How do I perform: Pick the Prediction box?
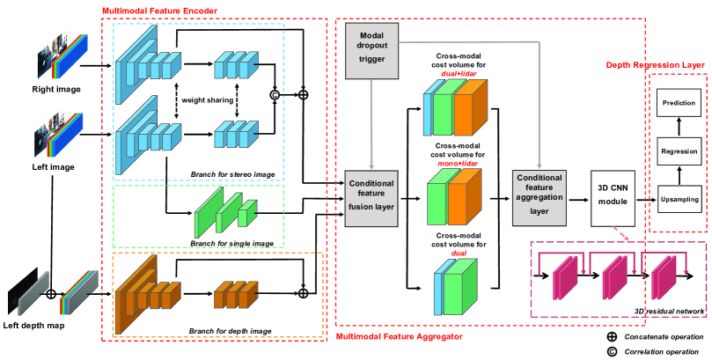point(679,104)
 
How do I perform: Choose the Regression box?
point(679,152)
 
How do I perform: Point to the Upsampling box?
point(679,200)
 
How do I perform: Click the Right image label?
point(51,89)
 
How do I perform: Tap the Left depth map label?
point(36,327)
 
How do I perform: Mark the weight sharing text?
point(208,100)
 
